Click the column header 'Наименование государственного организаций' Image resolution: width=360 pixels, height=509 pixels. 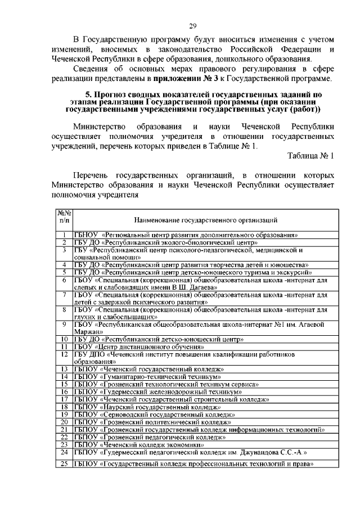205,220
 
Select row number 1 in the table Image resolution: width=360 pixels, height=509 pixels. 65,235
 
